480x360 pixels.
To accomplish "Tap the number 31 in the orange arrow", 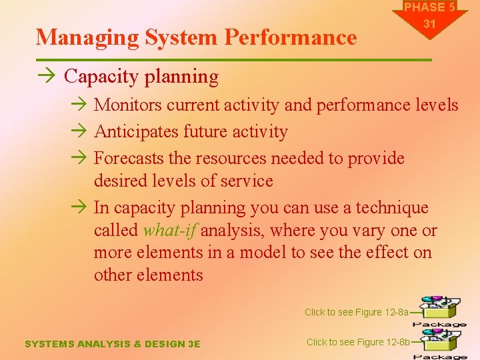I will [430, 24].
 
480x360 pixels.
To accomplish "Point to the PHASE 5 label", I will [430, 8].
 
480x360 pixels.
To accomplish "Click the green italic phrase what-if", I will [169, 231].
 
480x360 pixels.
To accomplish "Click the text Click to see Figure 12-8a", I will [356, 312].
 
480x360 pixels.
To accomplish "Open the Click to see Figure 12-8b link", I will [357, 342].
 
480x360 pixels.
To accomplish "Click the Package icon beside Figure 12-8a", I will [439, 310].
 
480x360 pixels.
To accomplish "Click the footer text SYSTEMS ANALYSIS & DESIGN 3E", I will [112, 344].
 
